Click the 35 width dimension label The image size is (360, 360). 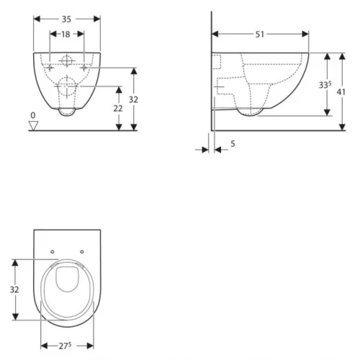[66, 19]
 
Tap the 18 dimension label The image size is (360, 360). [66, 35]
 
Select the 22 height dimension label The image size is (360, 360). [118, 109]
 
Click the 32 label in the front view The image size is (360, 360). [133, 99]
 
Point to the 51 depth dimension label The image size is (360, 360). [259, 35]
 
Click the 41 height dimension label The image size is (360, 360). [341, 91]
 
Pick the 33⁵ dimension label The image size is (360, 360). [325, 84]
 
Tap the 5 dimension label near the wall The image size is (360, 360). [233, 143]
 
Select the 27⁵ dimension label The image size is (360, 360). [66, 346]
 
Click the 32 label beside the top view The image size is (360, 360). [14, 289]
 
